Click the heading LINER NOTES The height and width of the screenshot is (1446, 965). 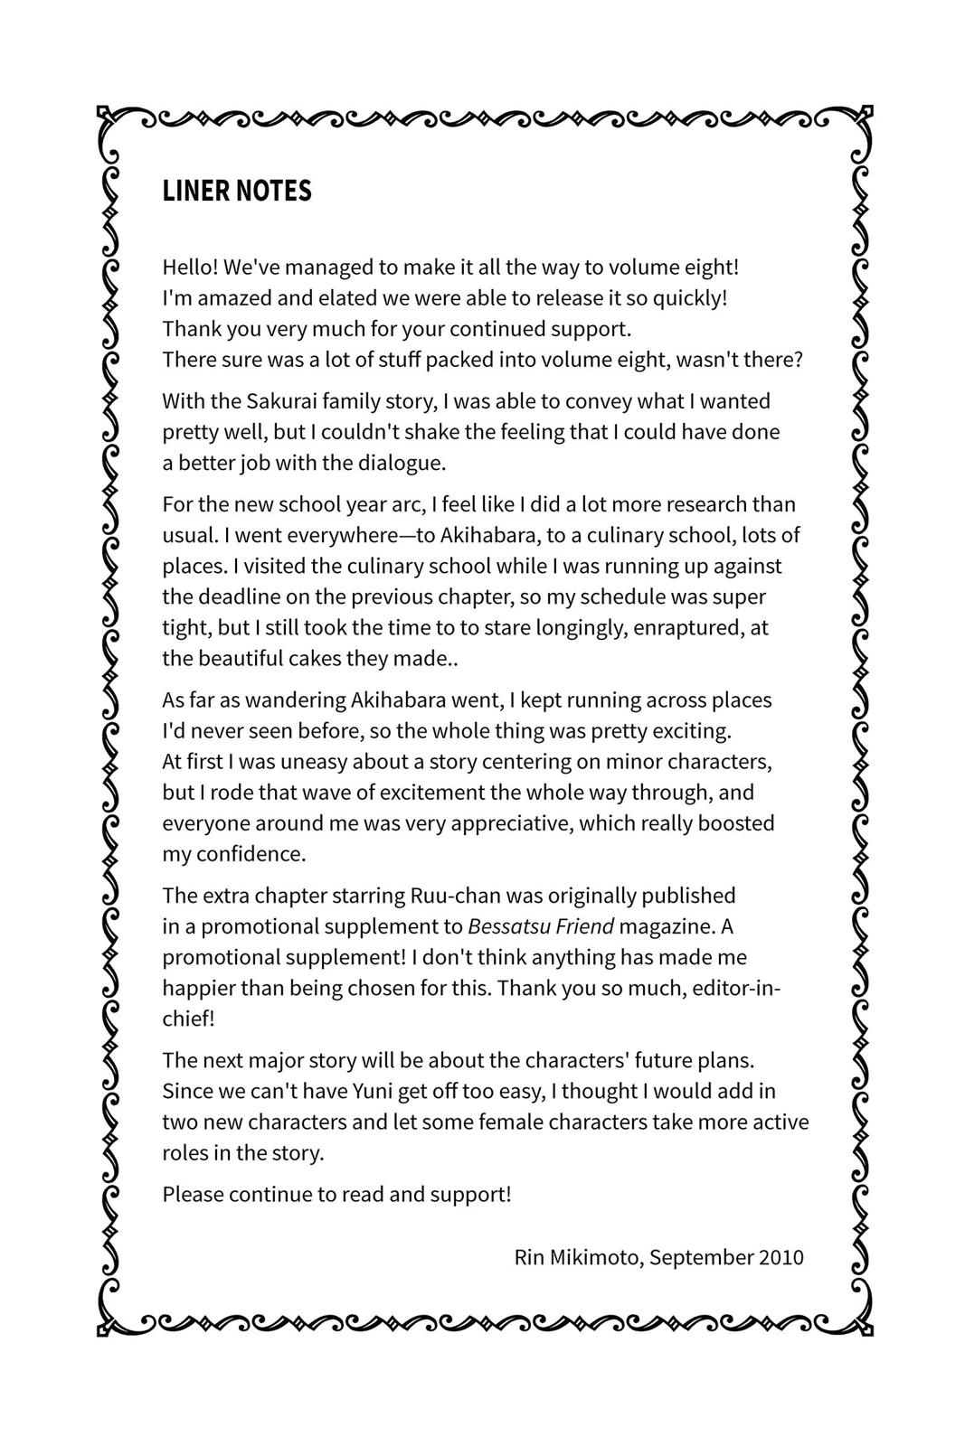click(x=237, y=191)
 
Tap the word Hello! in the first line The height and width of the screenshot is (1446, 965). click(x=189, y=268)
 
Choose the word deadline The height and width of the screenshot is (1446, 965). click(x=237, y=596)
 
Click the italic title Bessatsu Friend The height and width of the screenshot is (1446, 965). click(x=541, y=926)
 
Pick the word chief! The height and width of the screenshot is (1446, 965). click(x=188, y=1019)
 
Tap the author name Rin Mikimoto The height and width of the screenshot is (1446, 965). click(x=577, y=1257)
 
